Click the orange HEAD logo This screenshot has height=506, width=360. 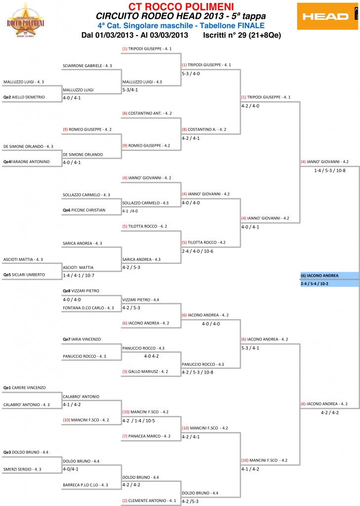(x=327, y=16)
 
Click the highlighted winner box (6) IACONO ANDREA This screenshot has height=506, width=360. (x=329, y=275)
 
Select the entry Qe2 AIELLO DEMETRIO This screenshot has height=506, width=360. (x=24, y=97)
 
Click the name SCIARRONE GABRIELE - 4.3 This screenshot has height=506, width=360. (x=87, y=65)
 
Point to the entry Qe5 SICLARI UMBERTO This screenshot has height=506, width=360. (x=24, y=274)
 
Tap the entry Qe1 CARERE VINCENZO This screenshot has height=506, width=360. (x=24, y=388)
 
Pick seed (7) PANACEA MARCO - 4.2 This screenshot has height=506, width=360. (x=147, y=436)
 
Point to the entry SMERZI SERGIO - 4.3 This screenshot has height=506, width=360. (x=24, y=469)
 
